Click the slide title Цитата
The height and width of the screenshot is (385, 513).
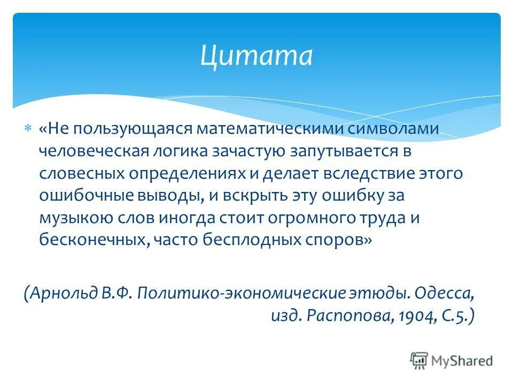(x=256, y=55)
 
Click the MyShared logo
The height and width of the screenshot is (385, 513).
(x=452, y=360)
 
